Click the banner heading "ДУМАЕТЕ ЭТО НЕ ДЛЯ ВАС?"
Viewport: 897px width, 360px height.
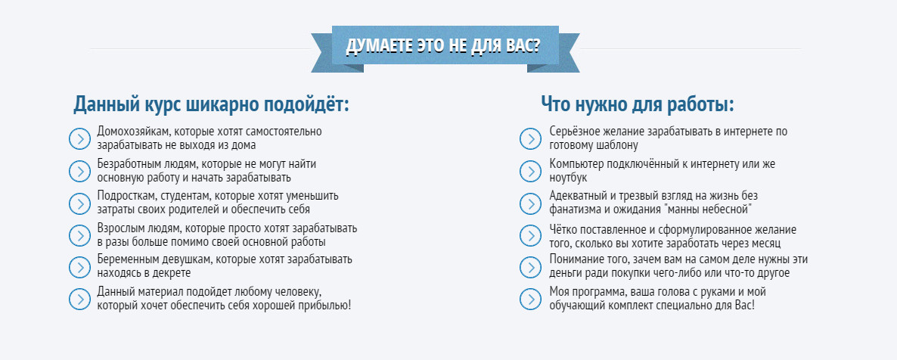[443, 45]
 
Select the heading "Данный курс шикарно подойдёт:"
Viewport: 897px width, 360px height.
[211, 104]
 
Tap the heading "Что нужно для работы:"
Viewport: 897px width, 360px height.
[638, 104]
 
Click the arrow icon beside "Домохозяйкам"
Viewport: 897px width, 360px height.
[79, 138]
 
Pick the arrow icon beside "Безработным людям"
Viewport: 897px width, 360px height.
[79, 171]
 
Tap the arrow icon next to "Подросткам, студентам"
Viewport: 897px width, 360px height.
[79, 203]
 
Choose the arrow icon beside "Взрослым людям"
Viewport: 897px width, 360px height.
[79, 235]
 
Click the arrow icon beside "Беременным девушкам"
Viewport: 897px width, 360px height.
[79, 267]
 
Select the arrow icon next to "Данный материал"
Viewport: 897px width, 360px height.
[79, 299]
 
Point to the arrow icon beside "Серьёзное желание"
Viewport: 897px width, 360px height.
[530, 138]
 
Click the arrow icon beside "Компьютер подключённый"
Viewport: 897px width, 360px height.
[530, 171]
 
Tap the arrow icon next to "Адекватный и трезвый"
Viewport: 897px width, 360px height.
[530, 203]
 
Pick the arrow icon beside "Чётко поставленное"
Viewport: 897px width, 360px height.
[530, 235]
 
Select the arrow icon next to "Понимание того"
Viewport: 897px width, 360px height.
[530, 267]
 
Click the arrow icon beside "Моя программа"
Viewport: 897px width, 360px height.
[530, 299]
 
